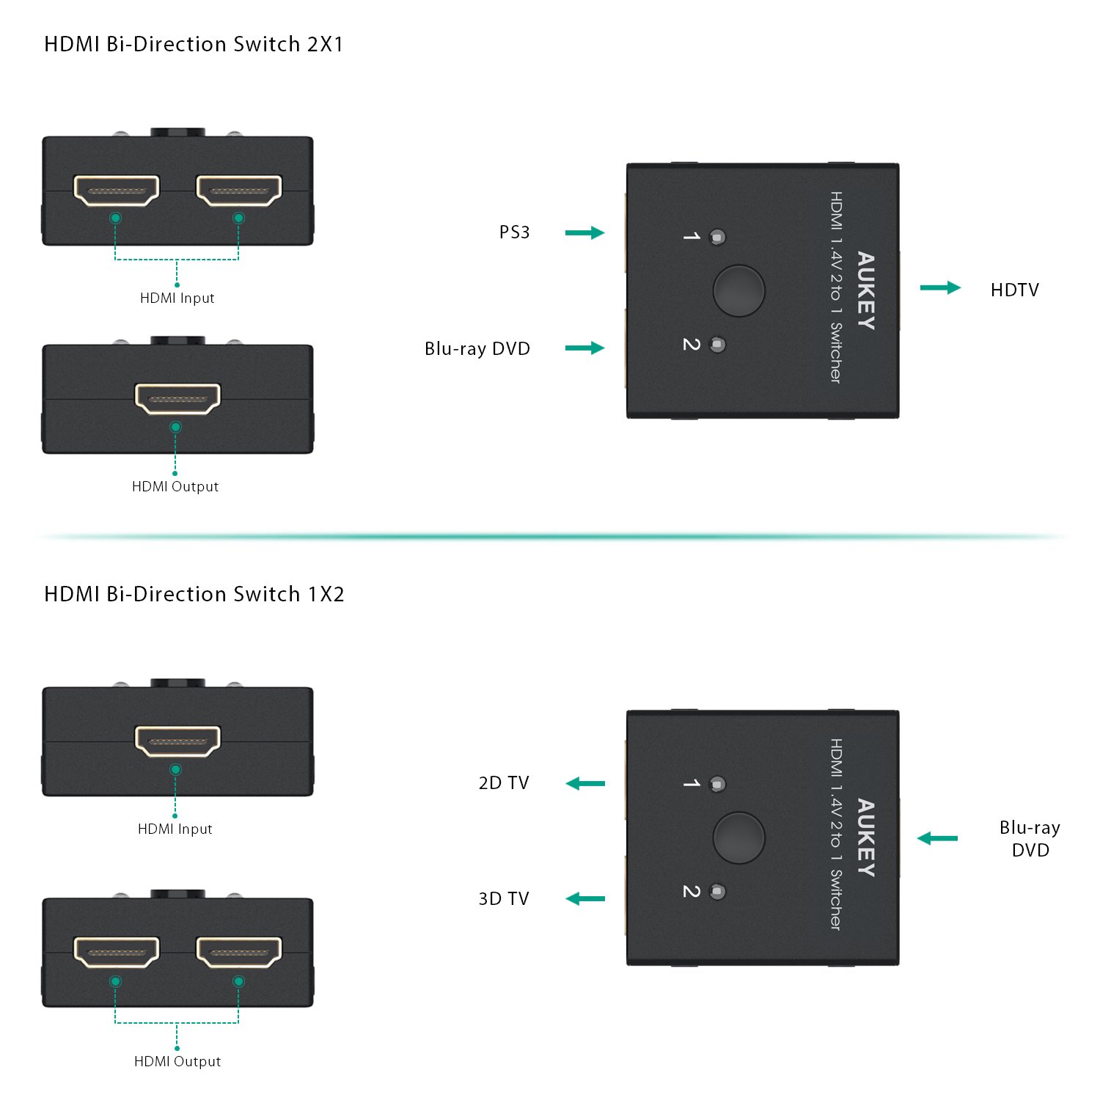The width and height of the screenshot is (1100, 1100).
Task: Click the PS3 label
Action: (x=514, y=232)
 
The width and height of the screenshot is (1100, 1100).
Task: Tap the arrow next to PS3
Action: (x=584, y=232)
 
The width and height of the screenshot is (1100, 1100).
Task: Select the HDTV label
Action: (x=1014, y=290)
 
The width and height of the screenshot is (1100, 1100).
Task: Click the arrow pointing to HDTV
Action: (x=940, y=287)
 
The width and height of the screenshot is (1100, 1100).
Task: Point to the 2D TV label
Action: (x=503, y=783)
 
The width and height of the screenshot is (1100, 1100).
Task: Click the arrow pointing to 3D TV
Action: (x=585, y=898)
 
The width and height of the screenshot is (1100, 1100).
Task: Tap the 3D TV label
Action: (x=503, y=899)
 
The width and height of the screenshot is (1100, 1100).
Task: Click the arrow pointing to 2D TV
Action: (x=585, y=783)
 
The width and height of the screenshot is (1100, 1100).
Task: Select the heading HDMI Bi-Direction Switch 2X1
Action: (x=194, y=45)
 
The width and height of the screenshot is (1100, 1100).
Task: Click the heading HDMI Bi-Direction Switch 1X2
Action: (x=194, y=594)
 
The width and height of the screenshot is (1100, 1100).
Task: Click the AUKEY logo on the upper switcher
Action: (x=866, y=291)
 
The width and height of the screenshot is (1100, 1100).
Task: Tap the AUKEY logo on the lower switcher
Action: (x=866, y=837)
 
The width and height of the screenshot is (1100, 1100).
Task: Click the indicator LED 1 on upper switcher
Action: (x=717, y=237)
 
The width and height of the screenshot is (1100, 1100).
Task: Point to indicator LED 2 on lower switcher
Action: (x=717, y=892)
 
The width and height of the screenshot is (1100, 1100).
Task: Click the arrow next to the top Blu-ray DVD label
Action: (x=584, y=348)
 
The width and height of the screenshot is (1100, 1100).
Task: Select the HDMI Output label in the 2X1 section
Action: (x=175, y=487)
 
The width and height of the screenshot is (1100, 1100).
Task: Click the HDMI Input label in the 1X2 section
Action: (x=175, y=829)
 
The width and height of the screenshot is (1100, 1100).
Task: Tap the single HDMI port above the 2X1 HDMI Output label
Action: (x=177, y=398)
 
